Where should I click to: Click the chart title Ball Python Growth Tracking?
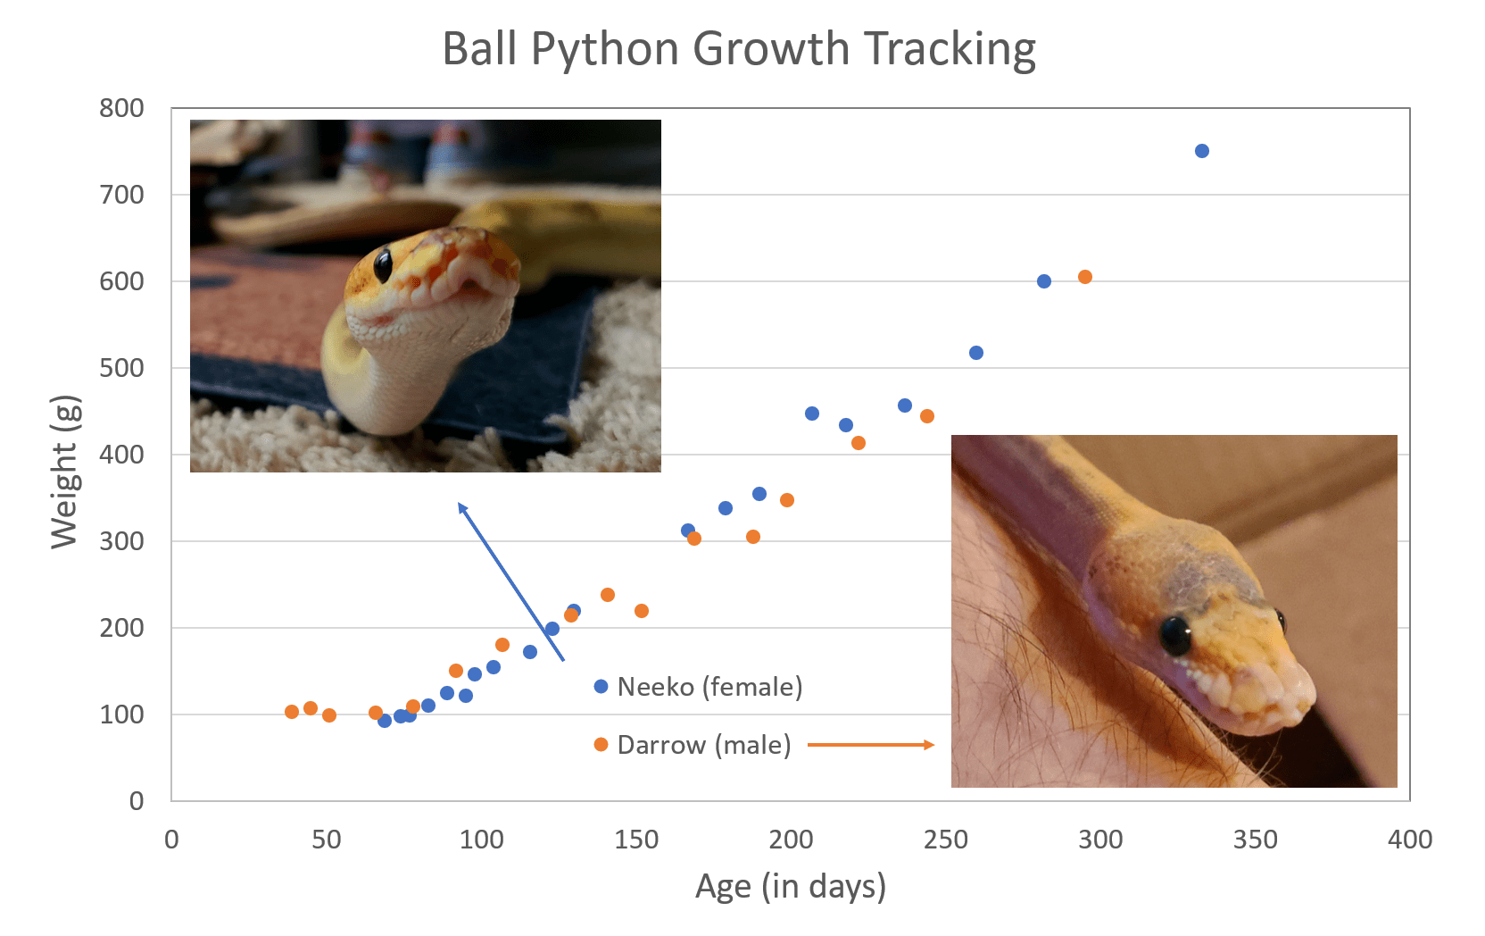pos(739,49)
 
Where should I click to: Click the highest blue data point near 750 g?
pos(1201,151)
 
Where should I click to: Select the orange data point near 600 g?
pos(1084,277)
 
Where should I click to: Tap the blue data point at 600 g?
pos(1043,281)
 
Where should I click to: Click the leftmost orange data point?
pos(292,712)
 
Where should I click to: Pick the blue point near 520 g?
pos(975,353)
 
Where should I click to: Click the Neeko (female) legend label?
pos(709,687)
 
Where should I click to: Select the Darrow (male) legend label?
pos(704,745)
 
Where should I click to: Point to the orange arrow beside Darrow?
pos(870,745)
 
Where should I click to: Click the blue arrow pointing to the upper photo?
pos(510,581)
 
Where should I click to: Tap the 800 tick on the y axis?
pos(121,108)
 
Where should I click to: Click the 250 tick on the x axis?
pos(945,840)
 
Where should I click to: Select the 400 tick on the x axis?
pos(1409,840)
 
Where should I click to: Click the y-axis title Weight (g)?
pos(64,471)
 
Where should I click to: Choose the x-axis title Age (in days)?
pos(790,886)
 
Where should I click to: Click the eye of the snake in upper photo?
pos(383,264)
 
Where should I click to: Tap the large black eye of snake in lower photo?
pos(1175,634)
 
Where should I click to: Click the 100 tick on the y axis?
pos(121,715)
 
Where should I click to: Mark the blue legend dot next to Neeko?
pos(601,687)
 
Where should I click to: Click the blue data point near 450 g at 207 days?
pos(811,414)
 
